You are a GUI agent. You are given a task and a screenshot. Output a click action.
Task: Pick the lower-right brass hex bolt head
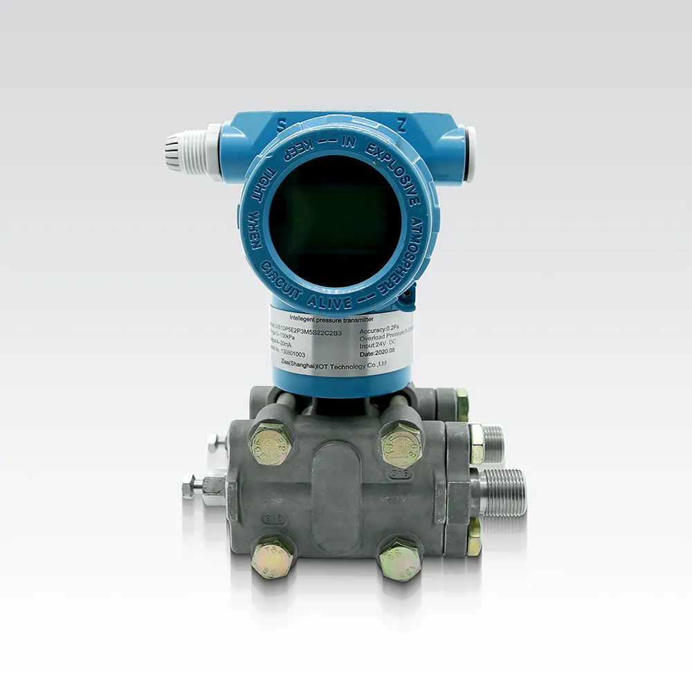point(400,557)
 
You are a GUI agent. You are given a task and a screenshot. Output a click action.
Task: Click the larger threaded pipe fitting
point(503,492)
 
